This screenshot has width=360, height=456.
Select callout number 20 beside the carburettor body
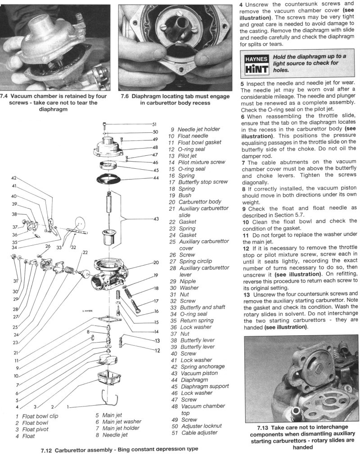coord(156,262)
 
